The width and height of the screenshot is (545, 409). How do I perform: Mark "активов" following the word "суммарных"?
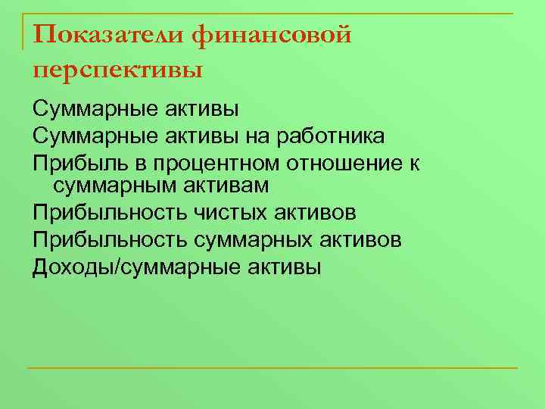(366, 239)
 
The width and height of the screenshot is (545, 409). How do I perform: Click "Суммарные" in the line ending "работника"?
(93, 136)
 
